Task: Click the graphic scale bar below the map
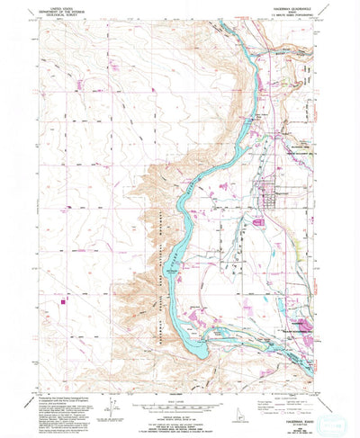click(179, 407)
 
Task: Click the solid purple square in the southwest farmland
click(64, 302)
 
